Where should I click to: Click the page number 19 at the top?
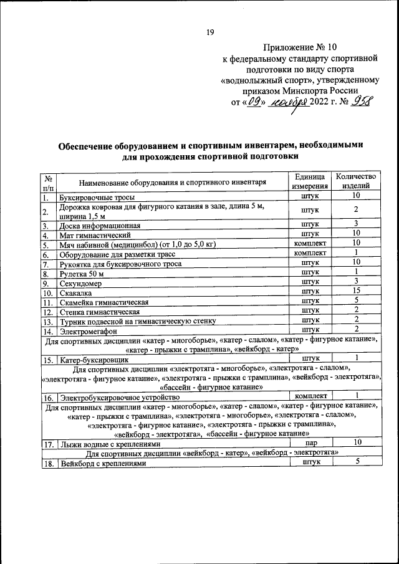(x=210, y=33)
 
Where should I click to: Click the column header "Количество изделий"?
(x=355, y=181)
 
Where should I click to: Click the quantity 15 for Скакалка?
(x=355, y=291)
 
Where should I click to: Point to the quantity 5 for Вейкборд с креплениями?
(x=357, y=462)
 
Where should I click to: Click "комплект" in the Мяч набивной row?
(x=310, y=244)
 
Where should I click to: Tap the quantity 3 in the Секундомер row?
(x=355, y=282)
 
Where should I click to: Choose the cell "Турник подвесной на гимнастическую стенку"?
(x=137, y=322)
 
